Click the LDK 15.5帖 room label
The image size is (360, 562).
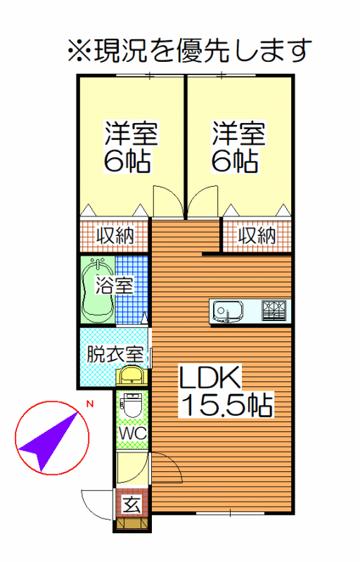(226, 391)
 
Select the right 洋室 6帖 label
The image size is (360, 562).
(238, 147)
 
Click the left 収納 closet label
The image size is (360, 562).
(115, 236)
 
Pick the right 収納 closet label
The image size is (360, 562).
(257, 236)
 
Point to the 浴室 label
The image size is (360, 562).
(114, 285)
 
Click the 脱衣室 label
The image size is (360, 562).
(115, 355)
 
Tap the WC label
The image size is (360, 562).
(132, 433)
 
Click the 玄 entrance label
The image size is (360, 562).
(131, 504)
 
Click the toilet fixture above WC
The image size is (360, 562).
(132, 405)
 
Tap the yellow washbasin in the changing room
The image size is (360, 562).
(131, 375)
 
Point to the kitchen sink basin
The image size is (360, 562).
(228, 311)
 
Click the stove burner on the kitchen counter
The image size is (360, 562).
(274, 311)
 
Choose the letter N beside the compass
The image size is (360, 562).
(89, 404)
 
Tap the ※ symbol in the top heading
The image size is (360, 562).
(80, 51)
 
